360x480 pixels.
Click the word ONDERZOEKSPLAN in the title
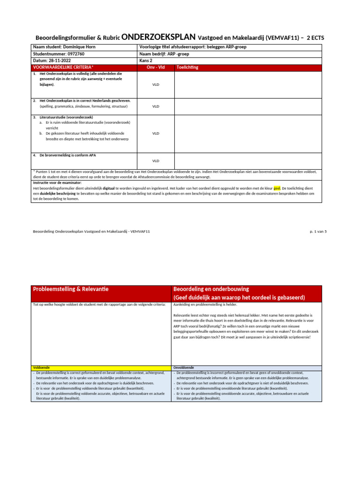coord(158,37)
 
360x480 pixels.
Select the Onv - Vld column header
coord(156,67)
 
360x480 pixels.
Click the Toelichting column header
coord(187,67)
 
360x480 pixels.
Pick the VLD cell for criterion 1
coord(156,85)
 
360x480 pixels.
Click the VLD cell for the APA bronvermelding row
coord(156,161)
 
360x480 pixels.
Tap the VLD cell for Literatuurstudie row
coord(156,133)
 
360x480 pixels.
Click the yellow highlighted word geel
coord(277,187)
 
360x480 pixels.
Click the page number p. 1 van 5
coord(318,232)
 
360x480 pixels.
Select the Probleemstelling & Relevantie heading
coord(70,289)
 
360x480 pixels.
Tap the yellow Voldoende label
coord(41,368)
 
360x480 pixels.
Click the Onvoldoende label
coord(184,368)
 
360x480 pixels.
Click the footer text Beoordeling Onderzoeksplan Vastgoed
coord(91,232)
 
